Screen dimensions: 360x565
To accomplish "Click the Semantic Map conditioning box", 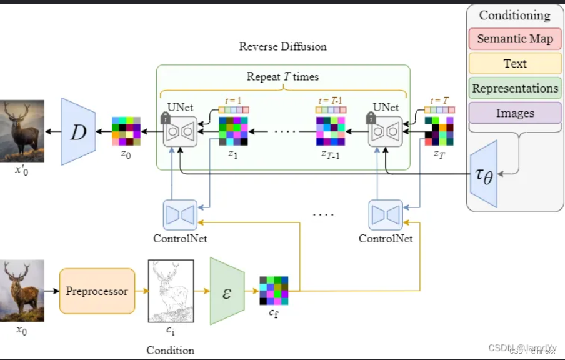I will tap(515, 39).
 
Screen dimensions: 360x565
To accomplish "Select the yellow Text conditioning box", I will tap(515, 63).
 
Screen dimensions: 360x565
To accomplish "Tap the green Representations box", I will tap(515, 88).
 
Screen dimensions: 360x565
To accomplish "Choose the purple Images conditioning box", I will tap(515, 113).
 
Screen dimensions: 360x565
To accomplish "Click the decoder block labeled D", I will tap(78, 132).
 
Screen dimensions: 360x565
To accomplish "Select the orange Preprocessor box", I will tap(97, 291).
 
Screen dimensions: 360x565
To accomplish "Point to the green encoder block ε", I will tap(226, 291).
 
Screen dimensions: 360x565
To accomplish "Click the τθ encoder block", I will tap(484, 174).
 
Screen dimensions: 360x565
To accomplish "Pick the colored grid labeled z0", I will tap(126, 131).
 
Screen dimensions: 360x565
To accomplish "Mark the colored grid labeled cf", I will tap(274, 291).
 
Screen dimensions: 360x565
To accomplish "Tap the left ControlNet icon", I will tap(180, 214).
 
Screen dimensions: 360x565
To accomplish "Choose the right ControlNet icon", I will tap(386, 214).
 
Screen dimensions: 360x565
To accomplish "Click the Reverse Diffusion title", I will tap(282, 47).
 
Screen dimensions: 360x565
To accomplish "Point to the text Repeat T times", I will tap(282, 77).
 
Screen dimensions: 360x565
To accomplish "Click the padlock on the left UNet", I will tap(166, 117).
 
